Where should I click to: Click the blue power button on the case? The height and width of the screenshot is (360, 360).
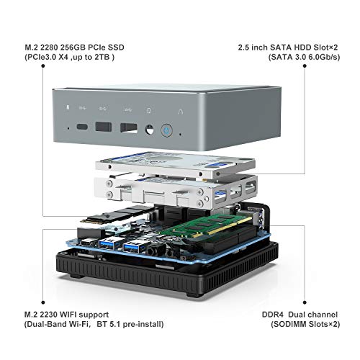(167, 131)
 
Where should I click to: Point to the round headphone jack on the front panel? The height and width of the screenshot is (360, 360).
(149, 130)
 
